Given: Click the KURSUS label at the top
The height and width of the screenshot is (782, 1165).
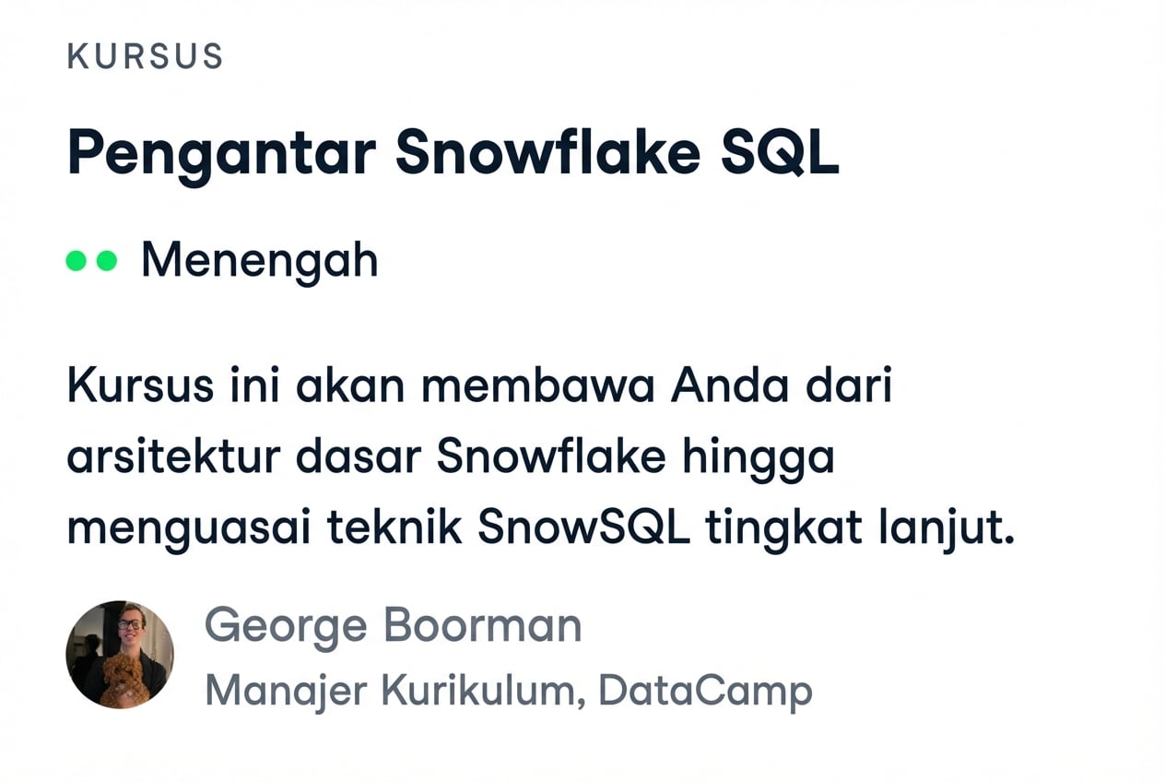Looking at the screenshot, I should (x=145, y=57).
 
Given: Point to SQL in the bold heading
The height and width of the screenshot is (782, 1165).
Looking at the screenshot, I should (x=780, y=154).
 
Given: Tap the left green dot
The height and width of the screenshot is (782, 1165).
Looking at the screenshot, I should (x=76, y=261).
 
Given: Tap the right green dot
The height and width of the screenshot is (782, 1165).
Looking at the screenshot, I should (x=107, y=261).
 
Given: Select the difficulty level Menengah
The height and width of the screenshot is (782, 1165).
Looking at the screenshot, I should (x=259, y=261).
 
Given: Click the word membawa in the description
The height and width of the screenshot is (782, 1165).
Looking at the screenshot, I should (x=537, y=386).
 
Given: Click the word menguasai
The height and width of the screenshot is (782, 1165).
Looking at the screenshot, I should (x=171, y=530).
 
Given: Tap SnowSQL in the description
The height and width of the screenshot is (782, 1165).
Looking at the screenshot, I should (x=583, y=528).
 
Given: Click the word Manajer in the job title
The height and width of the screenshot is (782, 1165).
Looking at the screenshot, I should (x=277, y=691).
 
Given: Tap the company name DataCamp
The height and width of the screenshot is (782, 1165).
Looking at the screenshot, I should (x=705, y=691).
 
